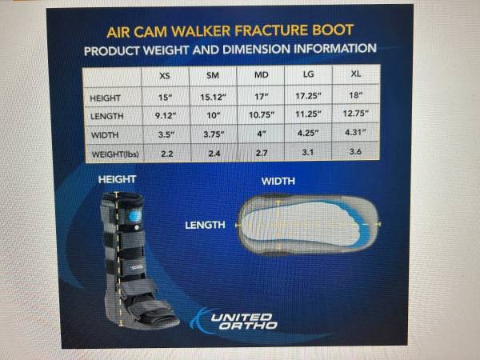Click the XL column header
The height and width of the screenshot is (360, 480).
(356, 74)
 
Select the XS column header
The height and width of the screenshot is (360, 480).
(165, 76)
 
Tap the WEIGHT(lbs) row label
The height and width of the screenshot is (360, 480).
(115, 154)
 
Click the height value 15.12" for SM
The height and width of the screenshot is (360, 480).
(213, 97)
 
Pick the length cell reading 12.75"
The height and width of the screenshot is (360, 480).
(355, 114)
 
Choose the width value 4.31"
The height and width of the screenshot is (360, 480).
(355, 132)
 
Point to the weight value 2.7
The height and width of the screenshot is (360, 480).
(262, 153)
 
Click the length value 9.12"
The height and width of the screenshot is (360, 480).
(166, 116)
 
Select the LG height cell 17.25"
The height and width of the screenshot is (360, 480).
(308, 96)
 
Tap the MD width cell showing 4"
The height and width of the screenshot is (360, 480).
(261, 134)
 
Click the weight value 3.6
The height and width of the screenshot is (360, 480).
(355, 151)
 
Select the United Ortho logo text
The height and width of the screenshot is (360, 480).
(244, 321)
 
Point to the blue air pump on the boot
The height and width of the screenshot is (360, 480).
(135, 216)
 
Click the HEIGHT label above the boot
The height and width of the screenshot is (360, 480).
(117, 179)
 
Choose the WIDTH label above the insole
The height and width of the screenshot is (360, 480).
(278, 182)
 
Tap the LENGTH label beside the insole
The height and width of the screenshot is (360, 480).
(205, 226)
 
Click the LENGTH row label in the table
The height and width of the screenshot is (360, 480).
(107, 116)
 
